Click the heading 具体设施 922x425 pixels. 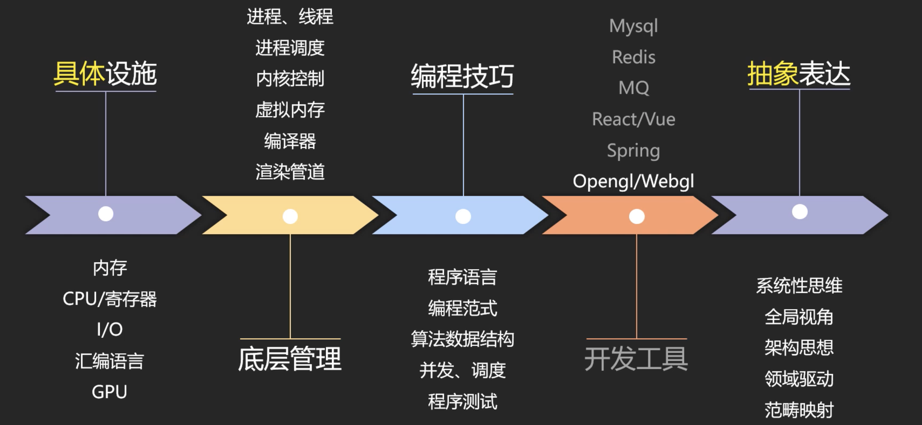[105, 74]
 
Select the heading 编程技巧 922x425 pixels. [462, 76]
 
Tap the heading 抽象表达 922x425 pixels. [799, 74]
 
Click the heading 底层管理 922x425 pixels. [290, 359]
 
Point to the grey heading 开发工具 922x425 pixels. [636, 359]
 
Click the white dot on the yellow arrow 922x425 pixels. [290, 216]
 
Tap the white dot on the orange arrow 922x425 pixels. [637, 216]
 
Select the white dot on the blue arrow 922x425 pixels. [463, 216]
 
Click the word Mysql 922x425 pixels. [634, 26]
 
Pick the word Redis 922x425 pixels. [634, 57]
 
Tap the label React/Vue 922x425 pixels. [634, 119]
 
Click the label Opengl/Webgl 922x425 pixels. [633, 181]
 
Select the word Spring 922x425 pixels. [634, 151]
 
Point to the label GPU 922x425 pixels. [110, 392]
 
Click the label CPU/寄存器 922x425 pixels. [110, 299]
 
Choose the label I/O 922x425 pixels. [110, 329]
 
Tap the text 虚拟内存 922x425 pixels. [290, 110]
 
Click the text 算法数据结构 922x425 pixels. [462, 339]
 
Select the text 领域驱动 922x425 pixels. [799, 379]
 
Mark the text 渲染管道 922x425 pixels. [290, 172]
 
